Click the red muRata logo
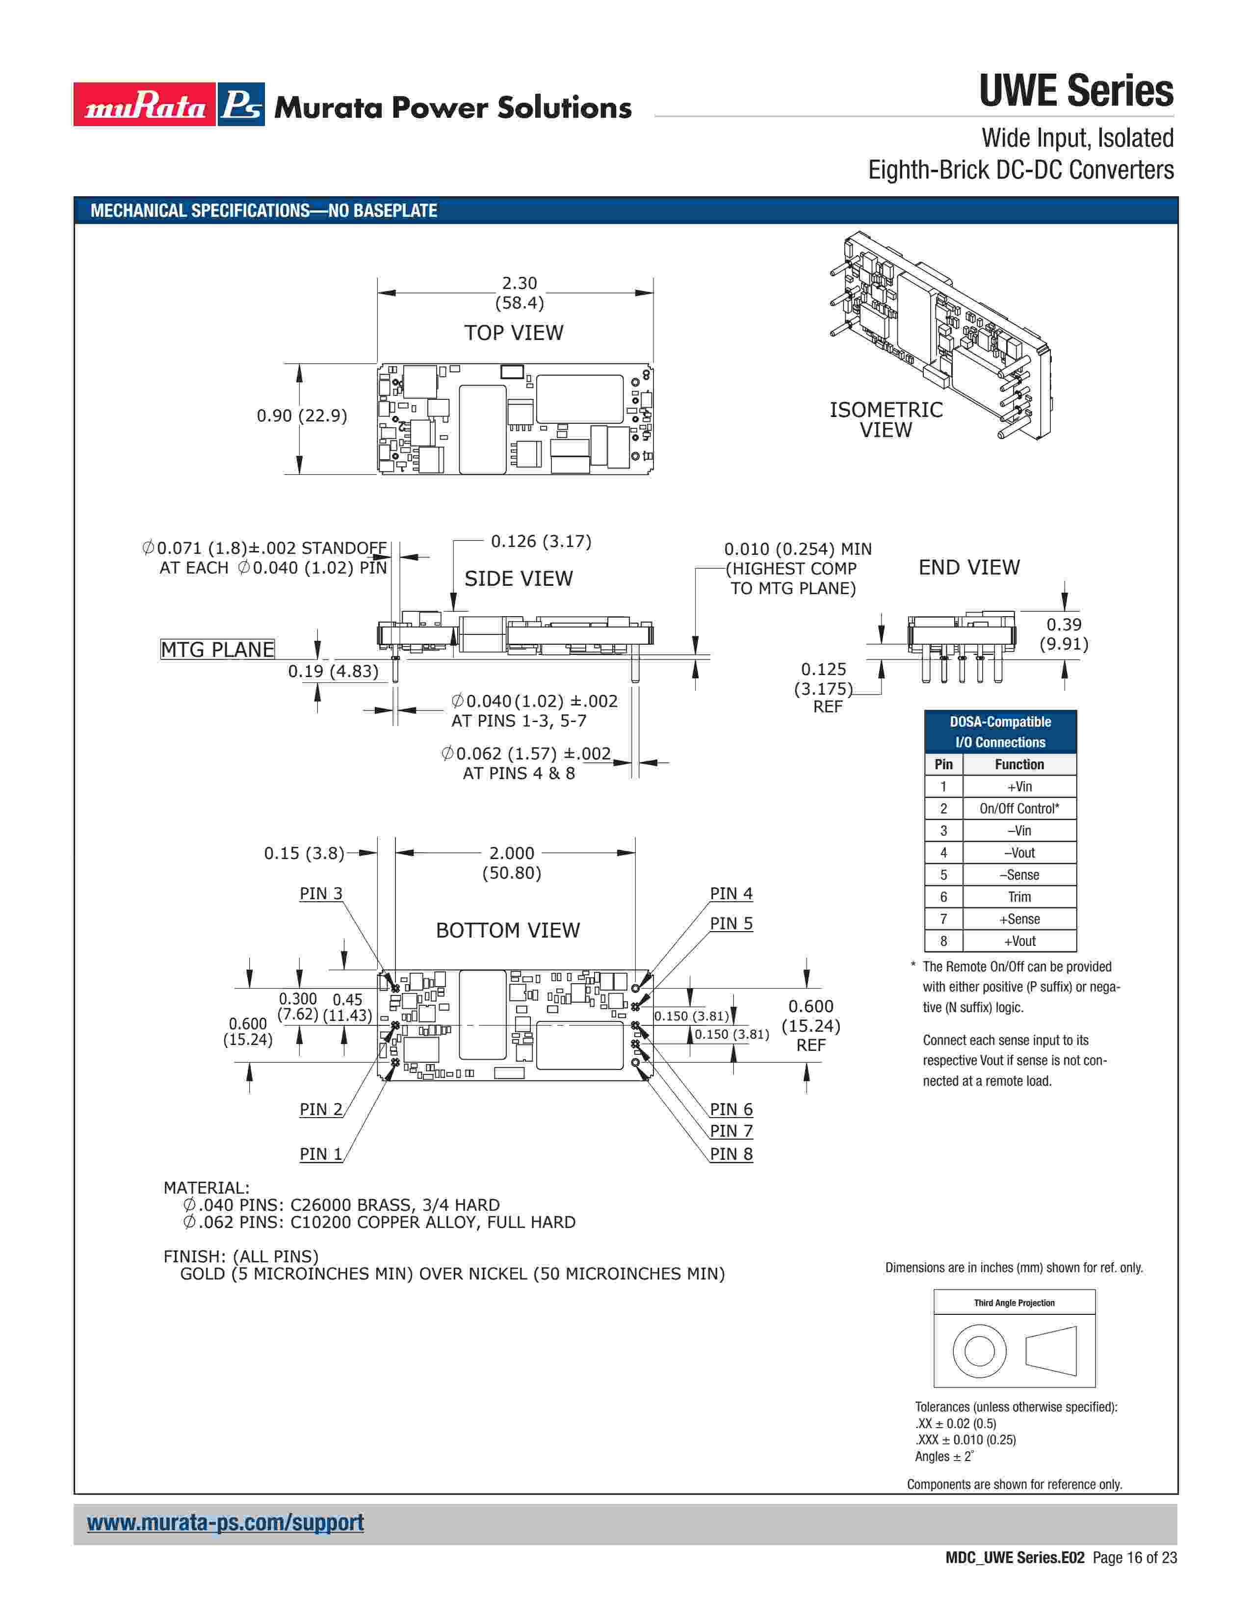point(145,104)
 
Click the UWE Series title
point(1076,91)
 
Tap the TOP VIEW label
point(514,333)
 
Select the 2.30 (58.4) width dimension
point(519,293)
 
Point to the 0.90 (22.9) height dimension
point(302,416)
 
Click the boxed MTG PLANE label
point(217,650)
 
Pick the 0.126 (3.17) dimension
point(541,541)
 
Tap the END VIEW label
point(968,567)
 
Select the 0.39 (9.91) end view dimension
point(1064,634)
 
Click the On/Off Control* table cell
point(1019,809)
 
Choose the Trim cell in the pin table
point(1019,897)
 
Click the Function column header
point(1019,764)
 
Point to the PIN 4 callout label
point(731,894)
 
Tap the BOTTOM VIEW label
point(508,930)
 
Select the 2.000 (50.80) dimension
point(511,863)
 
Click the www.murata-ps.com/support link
point(225,1523)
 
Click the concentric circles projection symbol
point(979,1350)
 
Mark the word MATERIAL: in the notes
point(207,1188)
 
